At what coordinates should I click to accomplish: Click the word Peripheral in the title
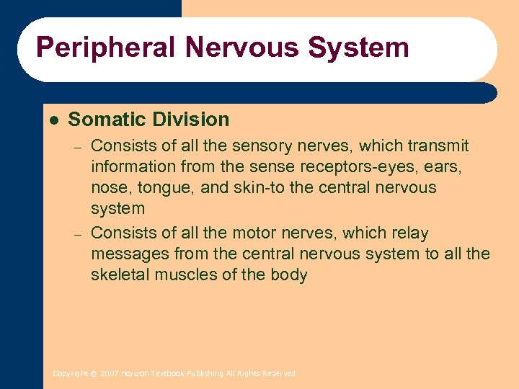point(105,48)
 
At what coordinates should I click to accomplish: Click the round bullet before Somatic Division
point(53,120)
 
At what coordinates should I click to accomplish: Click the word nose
point(107,188)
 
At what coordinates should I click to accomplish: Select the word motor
point(252,233)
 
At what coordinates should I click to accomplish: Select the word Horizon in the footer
point(134,374)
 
